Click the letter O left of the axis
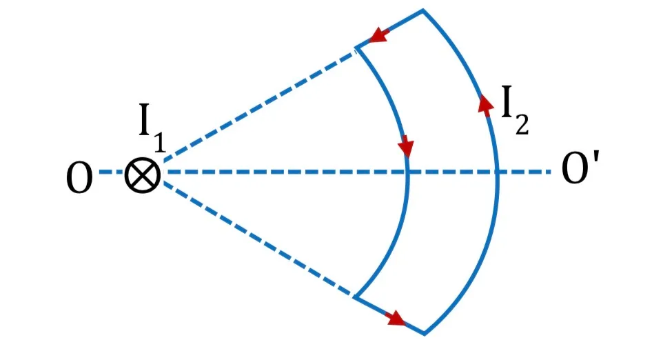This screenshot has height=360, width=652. (x=79, y=178)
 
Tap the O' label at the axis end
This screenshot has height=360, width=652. (x=580, y=168)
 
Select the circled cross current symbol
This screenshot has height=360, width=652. (x=143, y=175)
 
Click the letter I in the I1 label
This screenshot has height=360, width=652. (x=144, y=120)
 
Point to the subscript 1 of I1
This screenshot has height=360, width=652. (x=160, y=142)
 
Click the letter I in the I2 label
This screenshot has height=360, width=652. (x=507, y=101)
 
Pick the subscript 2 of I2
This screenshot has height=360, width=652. (x=522, y=124)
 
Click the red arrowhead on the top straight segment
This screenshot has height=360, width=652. (x=379, y=34)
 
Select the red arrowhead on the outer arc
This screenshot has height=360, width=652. (x=486, y=104)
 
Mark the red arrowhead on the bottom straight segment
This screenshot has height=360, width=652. (x=395, y=319)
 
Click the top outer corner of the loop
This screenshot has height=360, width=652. (x=423, y=10)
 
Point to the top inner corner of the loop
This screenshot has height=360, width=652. (x=356, y=48)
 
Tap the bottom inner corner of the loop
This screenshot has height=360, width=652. (x=355, y=297)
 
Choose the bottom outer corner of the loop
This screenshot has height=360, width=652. (x=424, y=333)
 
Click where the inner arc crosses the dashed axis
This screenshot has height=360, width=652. (x=407, y=172)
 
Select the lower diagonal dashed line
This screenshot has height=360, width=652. (x=258, y=239)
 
